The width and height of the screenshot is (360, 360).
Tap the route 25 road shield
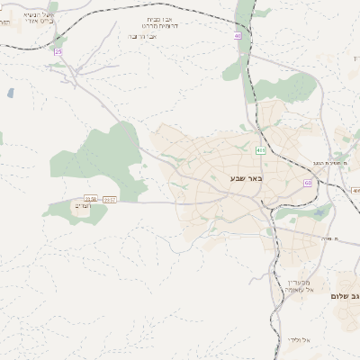tap(58, 52)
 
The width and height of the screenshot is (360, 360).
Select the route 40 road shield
tap(238, 36)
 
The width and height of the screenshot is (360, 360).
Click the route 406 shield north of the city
tap(261, 149)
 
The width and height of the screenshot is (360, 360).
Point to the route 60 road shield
tap(308, 183)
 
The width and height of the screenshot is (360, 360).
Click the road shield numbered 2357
tap(109, 199)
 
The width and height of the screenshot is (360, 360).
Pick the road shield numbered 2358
tap(90, 199)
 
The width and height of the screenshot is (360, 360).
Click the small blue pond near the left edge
tap(10, 92)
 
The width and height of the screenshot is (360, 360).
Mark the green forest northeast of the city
tap(286, 87)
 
